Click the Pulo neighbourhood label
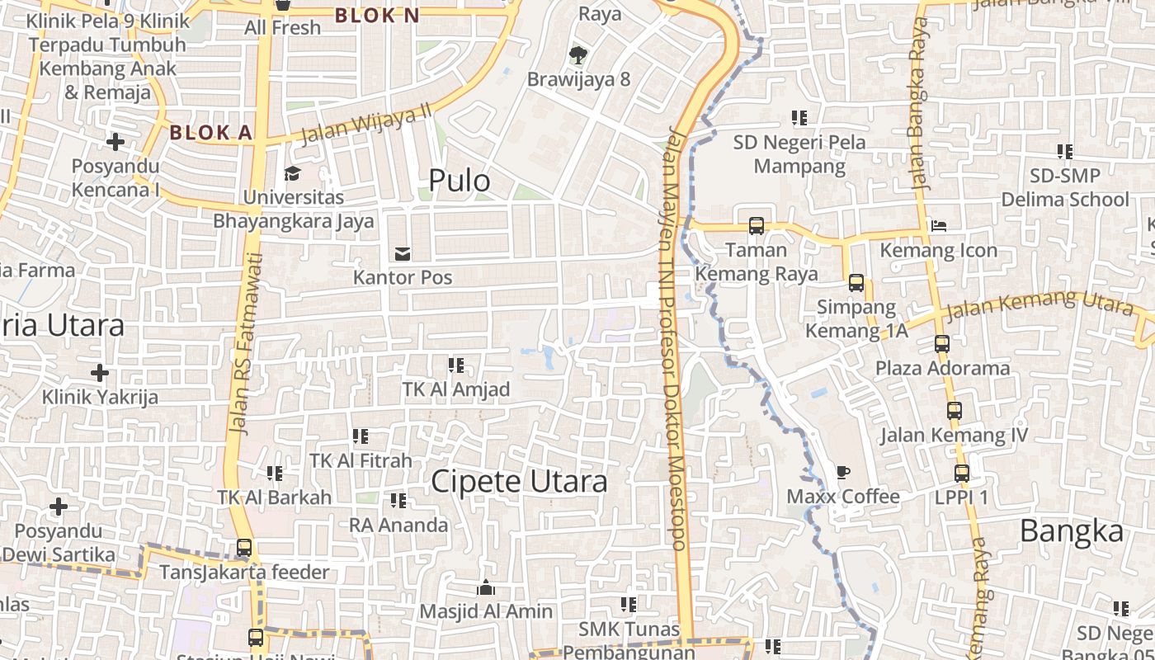pyautogui.click(x=460, y=181)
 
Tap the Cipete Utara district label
pyautogui.click(x=520, y=482)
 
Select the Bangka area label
pyautogui.click(x=1072, y=531)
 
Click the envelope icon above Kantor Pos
pyautogui.click(x=403, y=253)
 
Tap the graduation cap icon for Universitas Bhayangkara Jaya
pyautogui.click(x=292, y=173)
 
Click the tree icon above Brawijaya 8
pyautogui.click(x=577, y=55)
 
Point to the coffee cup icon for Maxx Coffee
pyautogui.click(x=842, y=472)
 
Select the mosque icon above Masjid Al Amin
pyautogui.click(x=486, y=587)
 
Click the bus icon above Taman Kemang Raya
pyautogui.click(x=756, y=225)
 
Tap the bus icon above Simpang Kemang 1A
pyautogui.click(x=856, y=283)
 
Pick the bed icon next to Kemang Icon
pyautogui.click(x=938, y=225)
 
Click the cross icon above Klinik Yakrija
pyautogui.click(x=100, y=373)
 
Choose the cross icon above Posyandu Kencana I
pyautogui.click(x=115, y=142)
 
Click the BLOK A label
pyautogui.click(x=210, y=132)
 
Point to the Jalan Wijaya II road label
pyautogui.click(x=365, y=125)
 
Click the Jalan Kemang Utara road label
pyautogui.click(x=1039, y=306)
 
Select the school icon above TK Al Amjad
pyautogui.click(x=455, y=365)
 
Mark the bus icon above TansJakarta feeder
pyautogui.click(x=243, y=547)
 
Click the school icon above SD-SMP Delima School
pyautogui.click(x=1065, y=152)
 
